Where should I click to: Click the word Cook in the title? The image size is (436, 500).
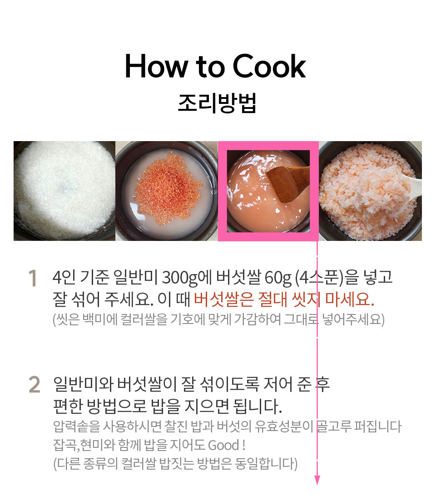click(x=269, y=66)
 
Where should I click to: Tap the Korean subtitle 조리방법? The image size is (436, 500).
click(x=217, y=103)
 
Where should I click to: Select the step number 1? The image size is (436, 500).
click(x=33, y=278)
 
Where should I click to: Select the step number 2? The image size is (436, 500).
click(x=35, y=385)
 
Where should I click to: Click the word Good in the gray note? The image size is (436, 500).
click(x=224, y=445)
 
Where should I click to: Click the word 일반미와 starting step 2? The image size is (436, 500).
click(x=83, y=384)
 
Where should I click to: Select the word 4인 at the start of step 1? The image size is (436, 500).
click(x=64, y=277)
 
